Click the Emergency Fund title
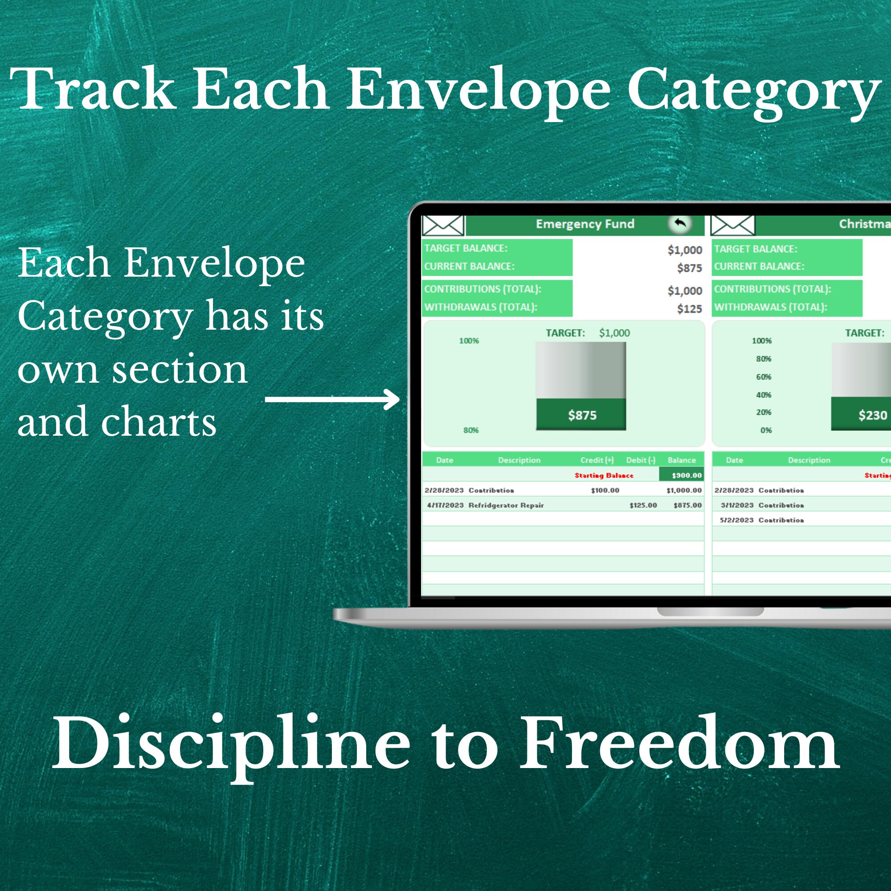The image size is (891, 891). pos(585,224)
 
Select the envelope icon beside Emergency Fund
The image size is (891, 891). pos(443,225)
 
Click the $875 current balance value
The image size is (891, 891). pos(689,268)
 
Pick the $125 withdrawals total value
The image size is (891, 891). pos(689,309)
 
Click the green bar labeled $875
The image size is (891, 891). pos(581,415)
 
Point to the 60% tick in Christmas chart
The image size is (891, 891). pos(763,377)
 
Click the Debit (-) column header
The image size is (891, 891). pos(640,460)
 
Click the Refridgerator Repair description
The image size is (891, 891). pos(506,505)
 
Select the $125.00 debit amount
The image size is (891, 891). pos(643,505)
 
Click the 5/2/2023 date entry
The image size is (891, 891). pos(736,520)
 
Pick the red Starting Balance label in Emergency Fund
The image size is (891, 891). pos(604,475)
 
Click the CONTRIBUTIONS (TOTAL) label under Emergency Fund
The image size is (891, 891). pos(482,289)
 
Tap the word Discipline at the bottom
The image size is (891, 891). pos(231,744)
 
